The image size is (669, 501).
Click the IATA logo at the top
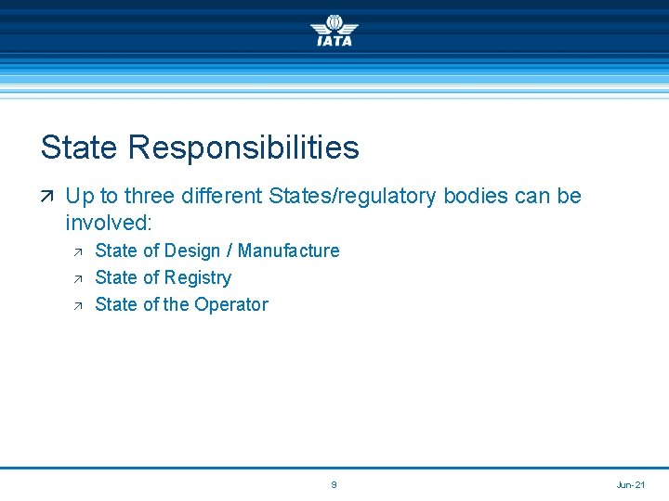point(334,30)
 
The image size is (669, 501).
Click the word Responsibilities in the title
point(243,148)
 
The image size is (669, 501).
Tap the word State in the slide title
point(80,148)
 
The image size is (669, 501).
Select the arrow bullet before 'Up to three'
point(47,197)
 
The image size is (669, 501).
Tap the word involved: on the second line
point(108,224)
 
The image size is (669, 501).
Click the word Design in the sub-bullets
point(198,250)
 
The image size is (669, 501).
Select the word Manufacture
point(289,250)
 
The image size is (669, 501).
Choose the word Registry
point(197,277)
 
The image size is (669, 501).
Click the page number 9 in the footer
point(334,485)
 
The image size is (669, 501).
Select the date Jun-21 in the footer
point(631,485)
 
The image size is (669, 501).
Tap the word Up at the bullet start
point(78,197)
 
